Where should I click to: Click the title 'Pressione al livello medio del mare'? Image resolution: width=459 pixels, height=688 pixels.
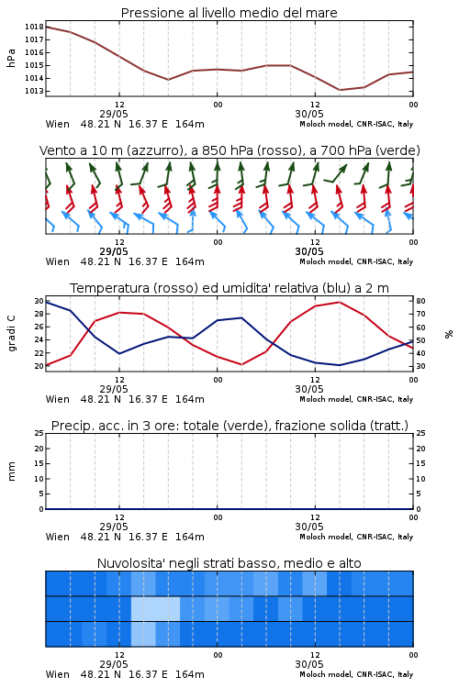click(229, 13)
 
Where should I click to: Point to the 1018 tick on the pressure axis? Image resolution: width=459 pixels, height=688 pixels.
click(34, 27)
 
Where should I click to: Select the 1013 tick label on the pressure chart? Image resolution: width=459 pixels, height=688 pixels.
click(34, 91)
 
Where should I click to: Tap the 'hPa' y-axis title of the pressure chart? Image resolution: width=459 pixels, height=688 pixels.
click(11, 58)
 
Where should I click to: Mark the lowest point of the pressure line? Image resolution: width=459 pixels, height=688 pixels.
click(340, 90)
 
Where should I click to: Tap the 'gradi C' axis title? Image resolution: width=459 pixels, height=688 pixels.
click(12, 334)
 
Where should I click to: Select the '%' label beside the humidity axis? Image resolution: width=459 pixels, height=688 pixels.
click(449, 334)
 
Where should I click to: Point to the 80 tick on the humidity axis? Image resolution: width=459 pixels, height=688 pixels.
click(420, 302)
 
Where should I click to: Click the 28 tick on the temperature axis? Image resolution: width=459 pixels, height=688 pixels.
click(39, 314)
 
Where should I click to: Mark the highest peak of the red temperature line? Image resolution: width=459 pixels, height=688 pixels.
click(340, 302)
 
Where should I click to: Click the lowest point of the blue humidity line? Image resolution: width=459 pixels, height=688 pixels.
click(339, 365)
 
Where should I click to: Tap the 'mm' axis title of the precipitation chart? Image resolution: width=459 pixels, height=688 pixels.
click(12, 472)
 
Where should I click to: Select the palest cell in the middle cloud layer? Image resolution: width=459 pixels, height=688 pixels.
click(155, 608)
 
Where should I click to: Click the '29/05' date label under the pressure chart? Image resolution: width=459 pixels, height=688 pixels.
click(114, 114)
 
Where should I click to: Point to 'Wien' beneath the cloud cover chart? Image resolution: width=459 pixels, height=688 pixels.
click(58, 674)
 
